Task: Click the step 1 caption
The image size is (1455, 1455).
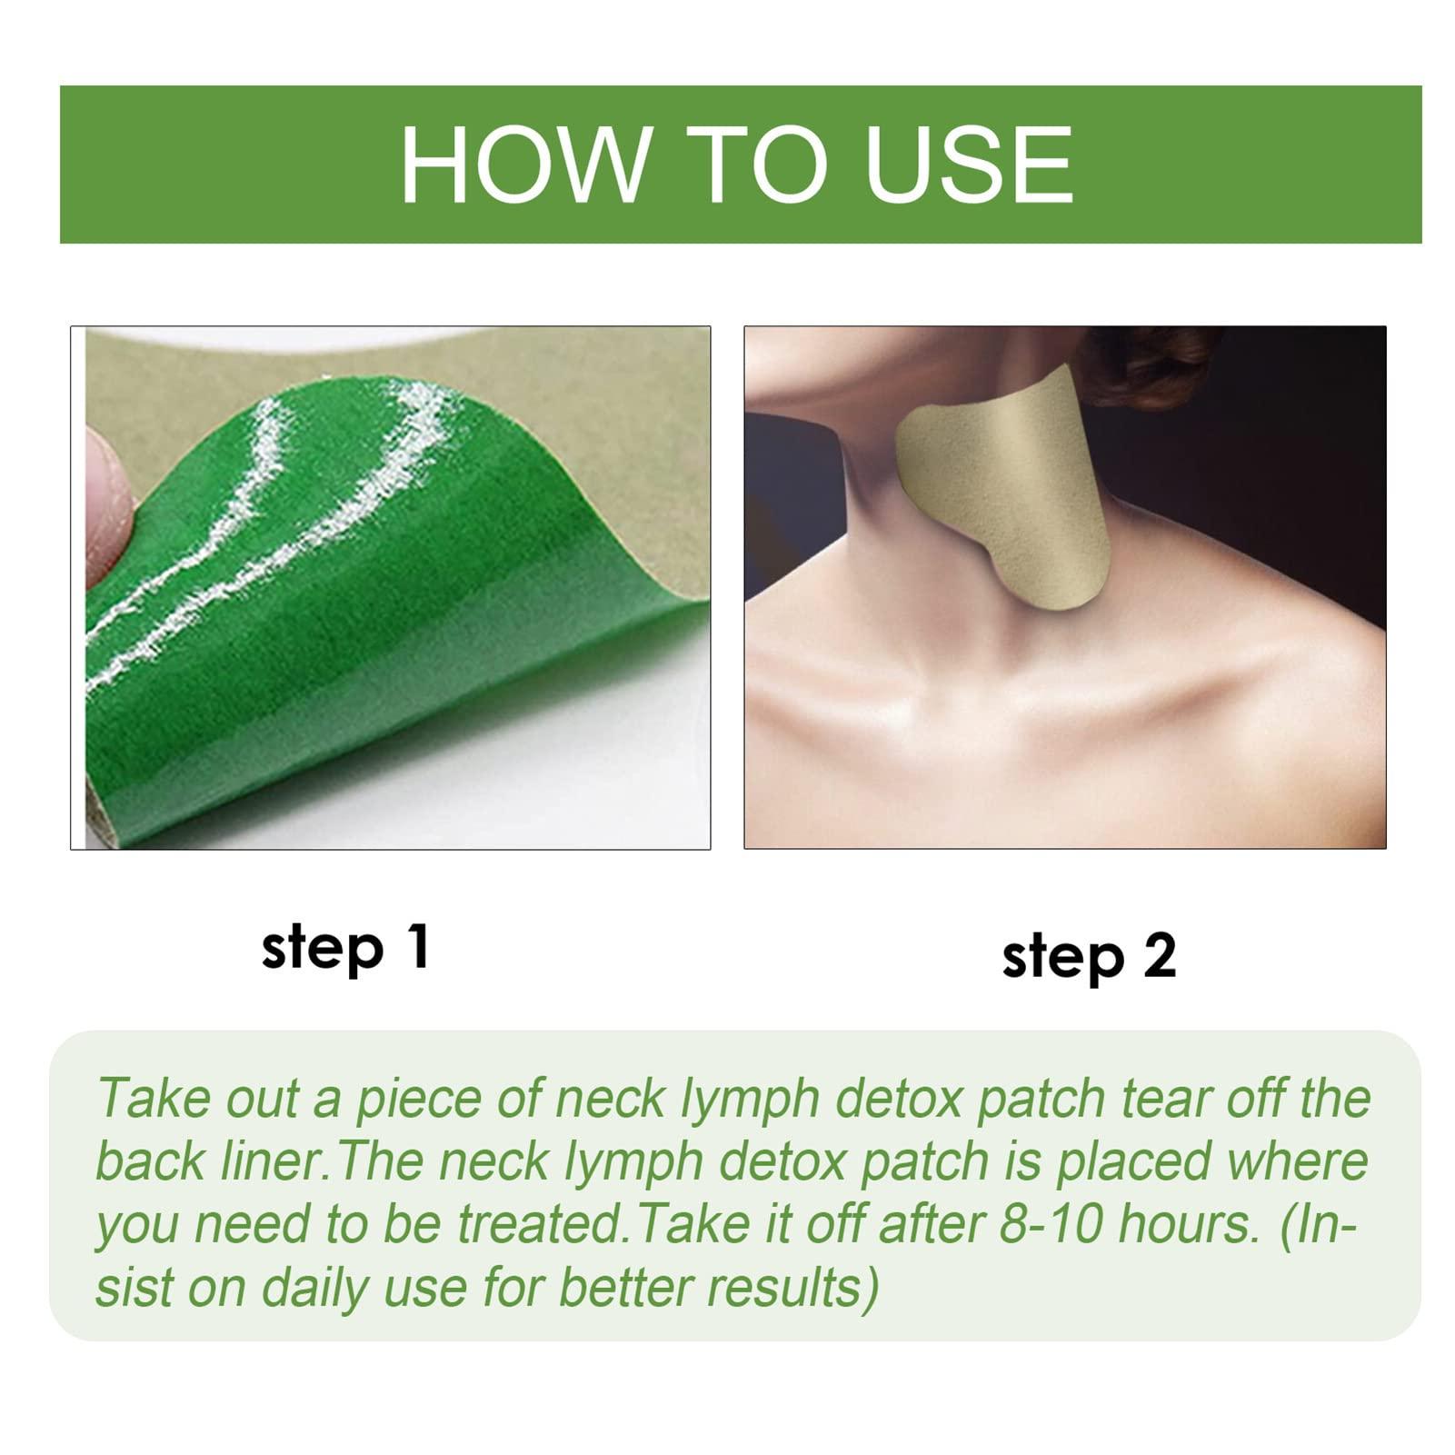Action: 345,950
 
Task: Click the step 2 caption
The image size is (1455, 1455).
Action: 1089,957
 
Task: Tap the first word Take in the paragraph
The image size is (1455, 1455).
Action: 151,1098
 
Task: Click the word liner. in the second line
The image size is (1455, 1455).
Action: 268,1161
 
